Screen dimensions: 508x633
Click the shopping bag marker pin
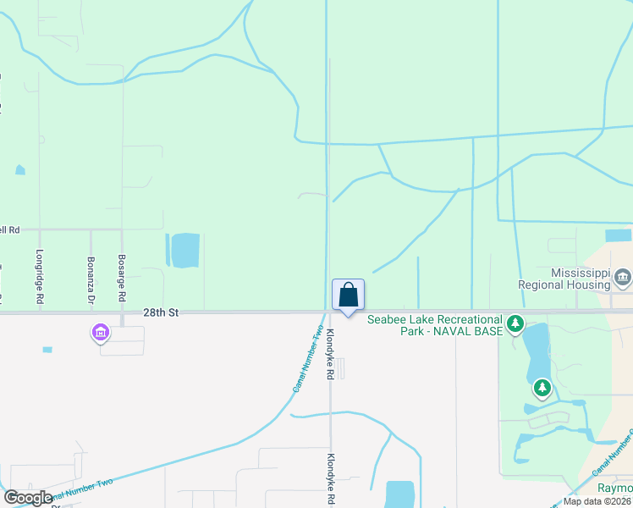click(x=348, y=295)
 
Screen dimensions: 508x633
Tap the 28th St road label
click(x=161, y=312)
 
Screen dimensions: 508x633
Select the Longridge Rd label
click(x=40, y=277)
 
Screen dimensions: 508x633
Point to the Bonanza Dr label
click(x=91, y=279)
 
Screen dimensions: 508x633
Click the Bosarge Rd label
click(x=122, y=278)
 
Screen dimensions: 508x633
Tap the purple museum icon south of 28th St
click(x=101, y=334)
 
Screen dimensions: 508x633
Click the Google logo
click(x=28, y=498)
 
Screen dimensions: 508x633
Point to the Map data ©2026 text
click(x=597, y=501)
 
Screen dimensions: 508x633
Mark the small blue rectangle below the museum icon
click(x=47, y=349)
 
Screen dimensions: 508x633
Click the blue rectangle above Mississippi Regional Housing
click(x=618, y=235)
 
